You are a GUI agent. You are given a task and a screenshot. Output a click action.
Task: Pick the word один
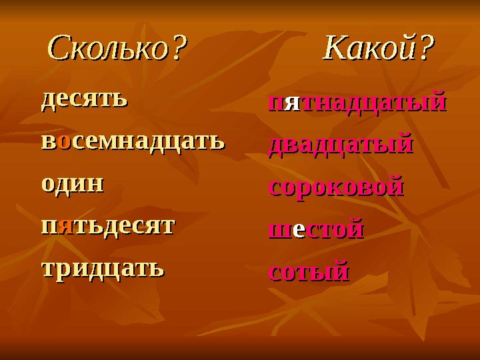[x=73, y=183]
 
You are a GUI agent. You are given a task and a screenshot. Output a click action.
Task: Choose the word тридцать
[x=102, y=268]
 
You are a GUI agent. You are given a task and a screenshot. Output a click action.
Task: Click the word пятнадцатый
[x=357, y=103]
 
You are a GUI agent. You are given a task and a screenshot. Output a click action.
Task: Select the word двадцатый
[x=340, y=145]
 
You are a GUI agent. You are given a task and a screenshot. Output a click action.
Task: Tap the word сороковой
[x=336, y=187]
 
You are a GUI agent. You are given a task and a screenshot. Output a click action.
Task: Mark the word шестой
[x=315, y=230]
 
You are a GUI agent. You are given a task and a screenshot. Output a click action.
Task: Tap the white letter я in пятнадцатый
[x=291, y=104]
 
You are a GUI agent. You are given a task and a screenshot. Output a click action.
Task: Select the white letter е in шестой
[x=299, y=231]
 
